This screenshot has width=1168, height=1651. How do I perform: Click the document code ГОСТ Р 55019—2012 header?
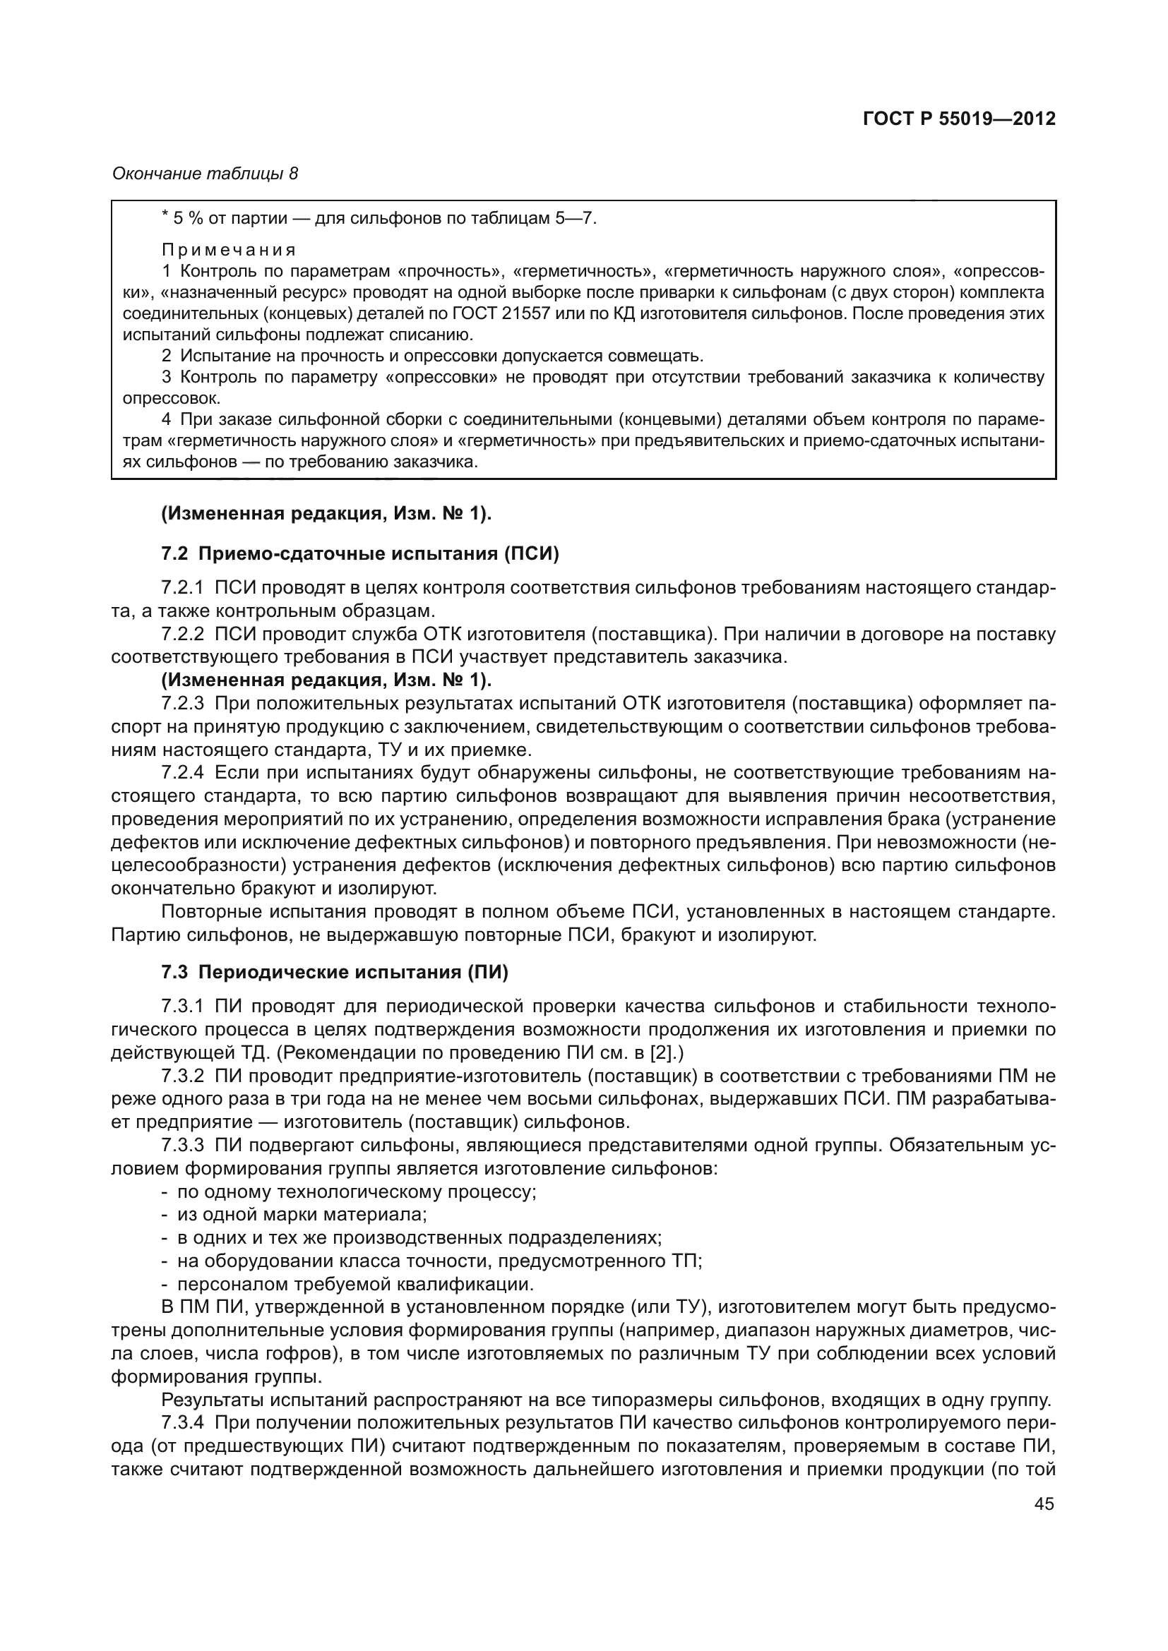point(959,119)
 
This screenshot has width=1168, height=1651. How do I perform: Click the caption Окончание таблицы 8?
point(205,174)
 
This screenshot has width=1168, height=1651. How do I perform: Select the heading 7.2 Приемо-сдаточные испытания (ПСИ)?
point(359,553)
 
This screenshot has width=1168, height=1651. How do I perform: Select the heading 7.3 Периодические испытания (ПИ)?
point(335,972)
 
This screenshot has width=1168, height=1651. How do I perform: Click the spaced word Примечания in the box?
point(229,251)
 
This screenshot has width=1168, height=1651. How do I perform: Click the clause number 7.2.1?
point(183,588)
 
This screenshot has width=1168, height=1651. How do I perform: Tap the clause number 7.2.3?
point(183,703)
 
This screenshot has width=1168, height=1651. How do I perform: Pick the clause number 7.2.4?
point(183,773)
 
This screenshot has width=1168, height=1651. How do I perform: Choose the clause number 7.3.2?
point(183,1076)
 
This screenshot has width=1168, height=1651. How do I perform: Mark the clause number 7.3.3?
point(183,1146)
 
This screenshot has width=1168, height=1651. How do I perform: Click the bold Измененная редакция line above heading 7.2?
point(326,513)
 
